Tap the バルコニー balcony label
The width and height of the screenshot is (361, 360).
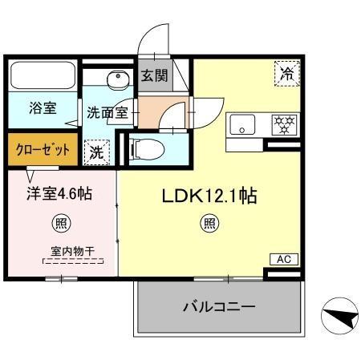[219, 306]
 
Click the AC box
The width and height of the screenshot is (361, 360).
[283, 258]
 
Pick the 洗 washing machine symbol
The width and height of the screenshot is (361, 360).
[96, 150]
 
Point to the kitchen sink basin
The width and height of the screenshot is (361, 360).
[242, 124]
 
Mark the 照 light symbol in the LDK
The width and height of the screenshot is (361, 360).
[209, 224]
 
